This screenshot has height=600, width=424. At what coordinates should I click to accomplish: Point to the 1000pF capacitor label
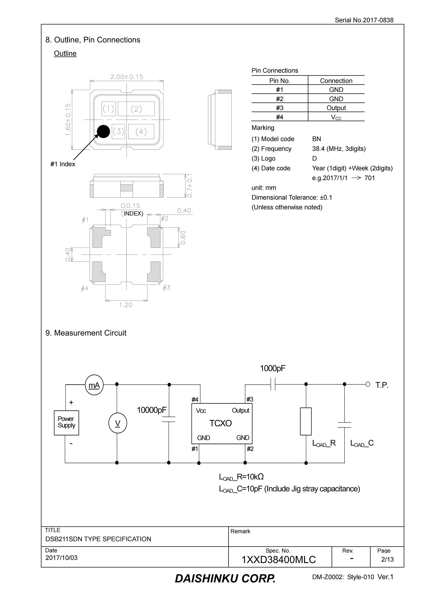(272, 368)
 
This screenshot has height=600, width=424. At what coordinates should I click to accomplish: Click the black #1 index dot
(103, 131)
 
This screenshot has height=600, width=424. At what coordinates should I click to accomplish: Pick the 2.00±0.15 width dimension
(127, 77)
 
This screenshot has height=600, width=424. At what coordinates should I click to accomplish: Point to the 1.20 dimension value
(126, 305)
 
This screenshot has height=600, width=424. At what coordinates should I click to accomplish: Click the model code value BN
(316, 139)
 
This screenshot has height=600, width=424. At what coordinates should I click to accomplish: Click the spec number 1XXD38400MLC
(278, 560)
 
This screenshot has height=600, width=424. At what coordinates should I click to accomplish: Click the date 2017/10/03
(61, 558)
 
